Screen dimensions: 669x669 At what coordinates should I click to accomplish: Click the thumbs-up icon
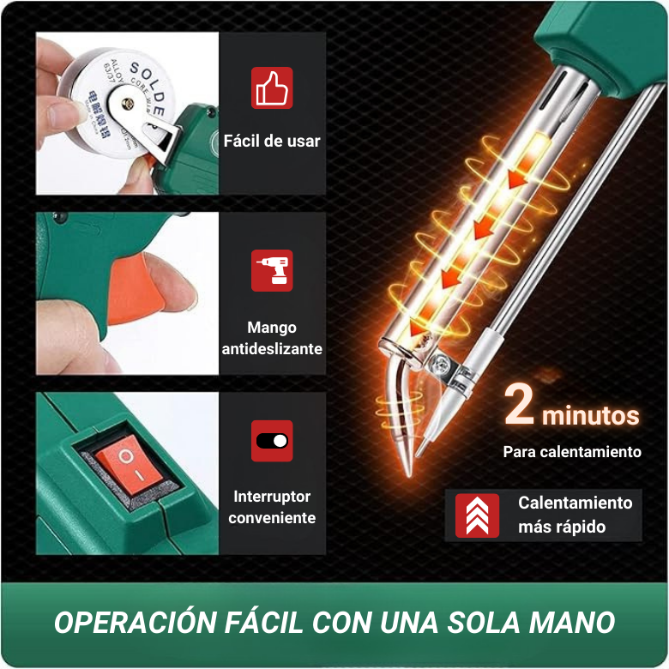click(272, 87)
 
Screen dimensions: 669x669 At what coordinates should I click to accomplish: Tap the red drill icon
click(272, 270)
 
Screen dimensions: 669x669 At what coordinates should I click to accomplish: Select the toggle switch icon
click(272, 441)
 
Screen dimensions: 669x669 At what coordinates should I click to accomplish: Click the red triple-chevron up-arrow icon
click(478, 515)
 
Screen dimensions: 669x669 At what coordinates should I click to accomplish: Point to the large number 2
click(520, 406)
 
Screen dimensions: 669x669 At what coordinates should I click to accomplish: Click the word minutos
click(591, 417)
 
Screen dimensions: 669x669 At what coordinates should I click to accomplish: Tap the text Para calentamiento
click(572, 452)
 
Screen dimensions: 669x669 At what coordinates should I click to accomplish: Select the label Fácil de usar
click(272, 141)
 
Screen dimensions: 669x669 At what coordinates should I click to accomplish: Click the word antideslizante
click(272, 349)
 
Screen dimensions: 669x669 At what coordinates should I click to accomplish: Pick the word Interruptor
click(272, 497)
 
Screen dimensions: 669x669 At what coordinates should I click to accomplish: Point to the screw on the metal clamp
click(443, 364)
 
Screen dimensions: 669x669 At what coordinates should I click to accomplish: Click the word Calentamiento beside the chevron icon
click(575, 503)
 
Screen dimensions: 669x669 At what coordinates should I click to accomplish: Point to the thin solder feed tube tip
click(420, 447)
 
